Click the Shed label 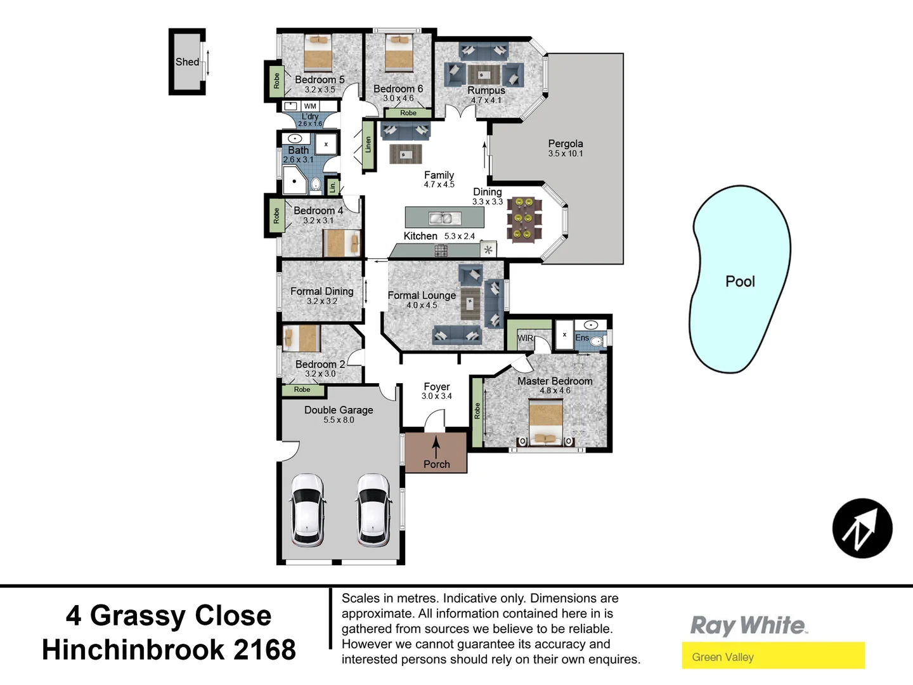(187, 62)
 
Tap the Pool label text (740, 282)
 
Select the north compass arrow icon (862, 528)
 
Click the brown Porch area (436, 452)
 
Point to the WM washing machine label (310, 107)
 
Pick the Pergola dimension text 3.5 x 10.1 (566, 153)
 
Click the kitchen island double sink (444, 218)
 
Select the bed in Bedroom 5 (318, 53)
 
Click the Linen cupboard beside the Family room (368, 145)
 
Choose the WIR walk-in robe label (525, 338)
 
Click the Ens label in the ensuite (582, 337)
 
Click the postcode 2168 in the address (264, 649)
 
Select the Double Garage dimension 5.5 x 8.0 (339, 420)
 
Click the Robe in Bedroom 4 (276, 216)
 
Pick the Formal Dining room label (322, 291)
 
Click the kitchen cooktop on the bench (441, 251)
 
